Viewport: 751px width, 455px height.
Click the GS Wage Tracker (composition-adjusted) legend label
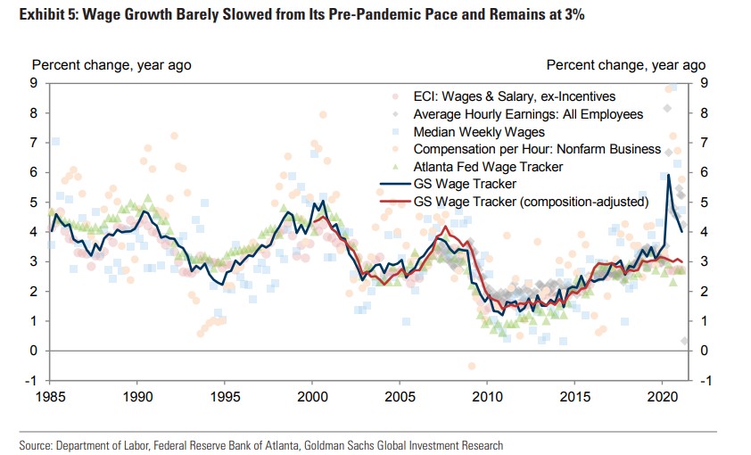(531, 202)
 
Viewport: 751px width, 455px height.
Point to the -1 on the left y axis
(31, 380)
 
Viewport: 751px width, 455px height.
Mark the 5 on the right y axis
(705, 202)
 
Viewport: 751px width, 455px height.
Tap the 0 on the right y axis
(705, 351)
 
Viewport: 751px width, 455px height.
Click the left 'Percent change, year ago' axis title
(111, 65)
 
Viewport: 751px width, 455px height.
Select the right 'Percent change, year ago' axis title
(626, 65)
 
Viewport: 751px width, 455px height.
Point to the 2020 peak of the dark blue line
(668, 175)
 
